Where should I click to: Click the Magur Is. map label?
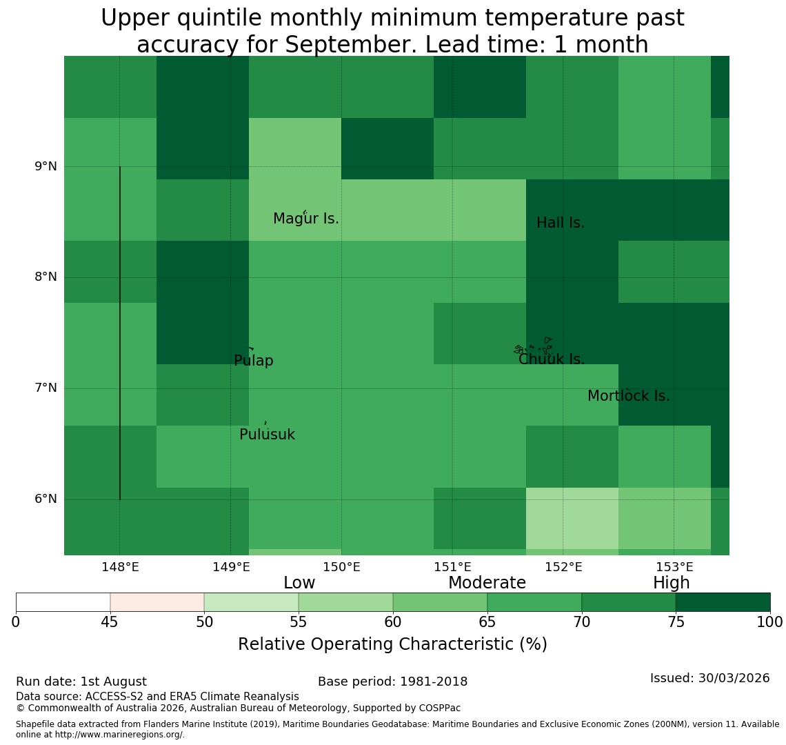click(x=305, y=219)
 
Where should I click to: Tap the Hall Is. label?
click(x=561, y=223)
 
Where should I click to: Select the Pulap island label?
click(x=254, y=361)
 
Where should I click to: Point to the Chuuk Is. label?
click(x=552, y=359)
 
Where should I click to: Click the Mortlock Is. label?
click(x=629, y=396)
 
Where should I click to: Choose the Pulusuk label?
click(x=268, y=435)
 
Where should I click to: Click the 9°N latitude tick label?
click(x=46, y=166)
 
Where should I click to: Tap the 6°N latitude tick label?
click(x=46, y=499)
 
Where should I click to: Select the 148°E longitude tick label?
click(x=120, y=568)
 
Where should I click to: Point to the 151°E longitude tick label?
click(x=453, y=568)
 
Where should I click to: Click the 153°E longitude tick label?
click(x=674, y=568)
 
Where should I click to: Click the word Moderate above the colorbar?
click(x=487, y=583)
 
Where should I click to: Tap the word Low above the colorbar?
click(x=299, y=583)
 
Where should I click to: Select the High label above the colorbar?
click(x=672, y=583)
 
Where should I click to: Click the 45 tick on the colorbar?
click(x=110, y=623)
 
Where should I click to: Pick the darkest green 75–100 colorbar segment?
click(x=723, y=602)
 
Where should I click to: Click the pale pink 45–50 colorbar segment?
click(x=157, y=602)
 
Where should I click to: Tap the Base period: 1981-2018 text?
click(x=392, y=682)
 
